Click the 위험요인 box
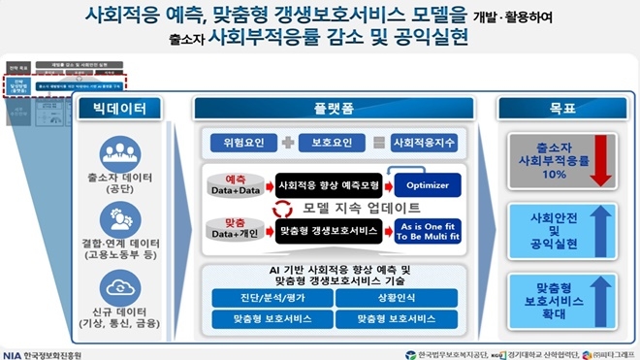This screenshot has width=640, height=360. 242,143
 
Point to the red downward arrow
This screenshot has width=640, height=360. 599,158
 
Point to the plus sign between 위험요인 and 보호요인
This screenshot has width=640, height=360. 287,143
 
